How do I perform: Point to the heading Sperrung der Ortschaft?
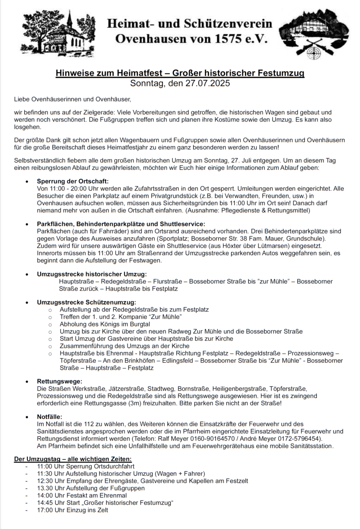[x=73, y=181]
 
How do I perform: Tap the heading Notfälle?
[x=49, y=416]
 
